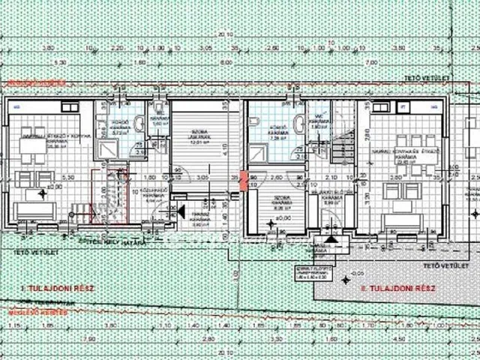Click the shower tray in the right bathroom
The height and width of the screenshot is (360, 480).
259,152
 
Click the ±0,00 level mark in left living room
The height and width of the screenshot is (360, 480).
53,185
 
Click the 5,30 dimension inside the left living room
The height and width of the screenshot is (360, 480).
67,177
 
